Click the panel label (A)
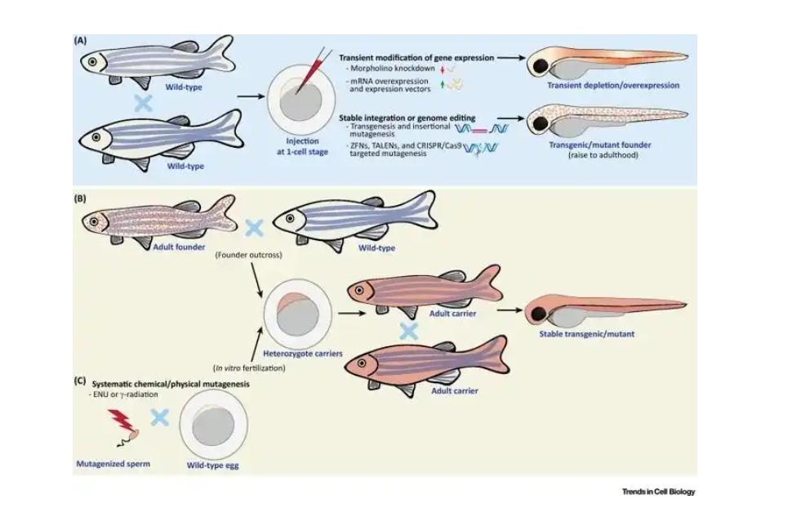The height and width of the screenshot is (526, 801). (x=81, y=40)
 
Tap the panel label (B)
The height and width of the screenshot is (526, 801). (x=81, y=197)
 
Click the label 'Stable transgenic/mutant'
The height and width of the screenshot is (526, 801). (x=586, y=333)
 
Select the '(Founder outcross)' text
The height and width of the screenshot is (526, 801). (x=249, y=255)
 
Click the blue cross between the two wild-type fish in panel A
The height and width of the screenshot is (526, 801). (x=144, y=104)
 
